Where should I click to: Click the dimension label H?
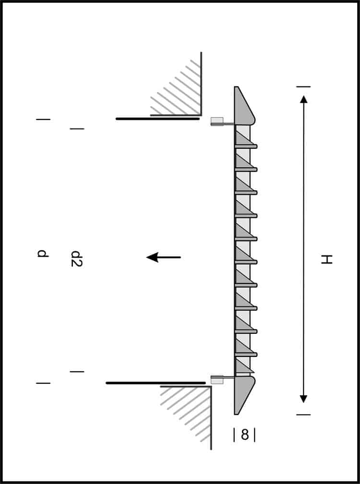coord(326,260)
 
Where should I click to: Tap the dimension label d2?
coord(76,259)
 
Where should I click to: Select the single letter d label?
coord(43,253)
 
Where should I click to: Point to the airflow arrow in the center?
coord(163,258)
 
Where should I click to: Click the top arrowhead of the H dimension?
coord(303,99)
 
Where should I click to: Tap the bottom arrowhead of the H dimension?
coord(303,399)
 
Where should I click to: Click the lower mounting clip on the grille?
coord(217,379)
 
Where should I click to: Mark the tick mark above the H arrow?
coord(303,87)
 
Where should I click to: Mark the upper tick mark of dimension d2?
coord(77,129)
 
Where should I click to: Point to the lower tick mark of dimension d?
coord(43,383)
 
